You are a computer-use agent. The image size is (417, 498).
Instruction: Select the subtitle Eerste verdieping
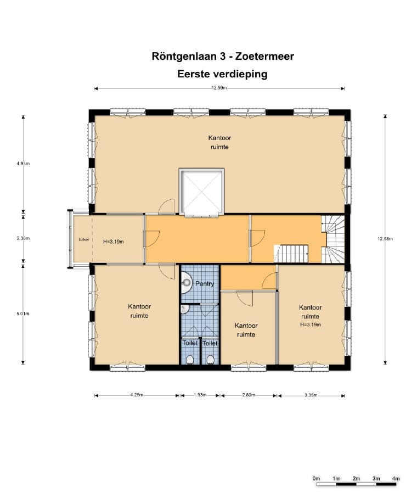(222, 74)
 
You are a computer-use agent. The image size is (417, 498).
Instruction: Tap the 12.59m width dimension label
(219, 88)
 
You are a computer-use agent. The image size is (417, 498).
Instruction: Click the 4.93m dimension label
(23, 164)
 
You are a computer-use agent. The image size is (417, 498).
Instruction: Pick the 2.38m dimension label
(23, 239)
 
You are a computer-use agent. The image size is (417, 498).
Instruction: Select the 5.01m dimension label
(23, 314)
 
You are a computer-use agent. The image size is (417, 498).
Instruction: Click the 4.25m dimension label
(137, 395)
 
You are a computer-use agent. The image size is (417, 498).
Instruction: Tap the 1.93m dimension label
(200, 395)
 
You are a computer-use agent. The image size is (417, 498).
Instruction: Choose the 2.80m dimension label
(249, 395)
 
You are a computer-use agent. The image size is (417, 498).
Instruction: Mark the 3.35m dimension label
(311, 395)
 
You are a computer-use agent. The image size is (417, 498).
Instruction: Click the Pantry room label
(204, 284)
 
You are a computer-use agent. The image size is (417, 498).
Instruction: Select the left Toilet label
(190, 343)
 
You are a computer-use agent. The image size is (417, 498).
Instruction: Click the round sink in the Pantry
(186, 284)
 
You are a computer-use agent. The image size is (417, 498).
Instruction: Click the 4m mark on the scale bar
(396, 479)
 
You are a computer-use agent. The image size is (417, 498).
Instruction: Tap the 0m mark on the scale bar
(316, 479)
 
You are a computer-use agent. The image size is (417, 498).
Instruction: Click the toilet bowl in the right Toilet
(210, 360)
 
